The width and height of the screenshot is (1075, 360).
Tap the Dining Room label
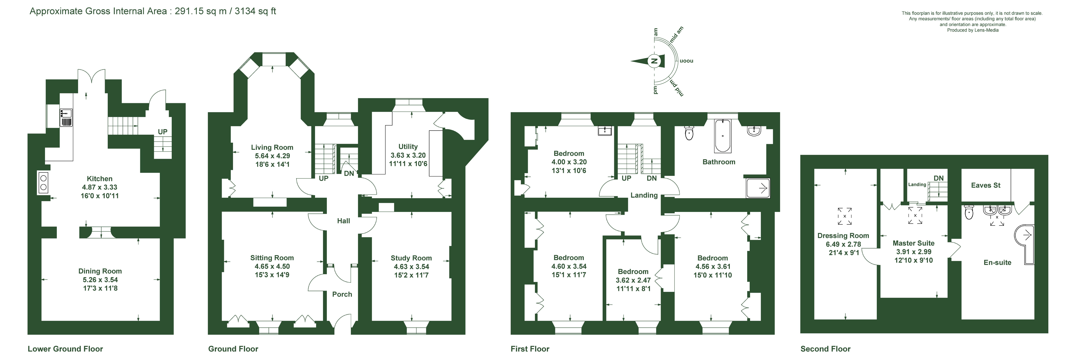[x=100, y=271]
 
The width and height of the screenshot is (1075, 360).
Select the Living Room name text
[x=272, y=147]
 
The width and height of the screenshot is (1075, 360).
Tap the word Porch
[x=342, y=294]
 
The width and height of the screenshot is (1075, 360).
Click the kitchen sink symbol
[x=66, y=117]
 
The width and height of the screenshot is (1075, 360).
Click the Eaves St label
[x=986, y=185]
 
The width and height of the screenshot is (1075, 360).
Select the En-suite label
[x=997, y=262]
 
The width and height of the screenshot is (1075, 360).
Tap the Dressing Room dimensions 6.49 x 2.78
[x=843, y=244]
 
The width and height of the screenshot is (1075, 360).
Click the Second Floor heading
[x=825, y=349]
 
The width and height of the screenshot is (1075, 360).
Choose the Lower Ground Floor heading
[x=65, y=349]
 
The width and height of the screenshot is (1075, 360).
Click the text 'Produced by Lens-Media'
[x=973, y=30]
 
